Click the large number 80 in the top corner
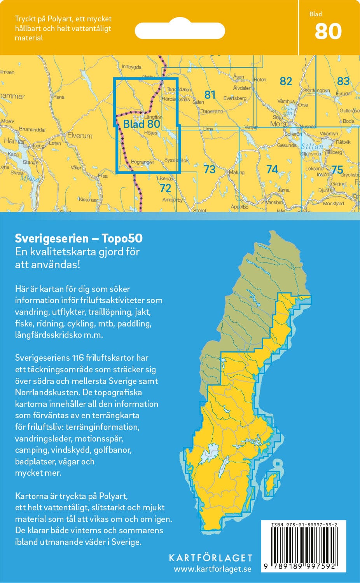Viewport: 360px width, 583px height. [x=328, y=31]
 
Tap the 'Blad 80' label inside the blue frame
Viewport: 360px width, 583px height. [x=142, y=124]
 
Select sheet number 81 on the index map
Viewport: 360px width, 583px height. [x=210, y=94]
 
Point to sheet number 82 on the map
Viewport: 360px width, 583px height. [x=286, y=81]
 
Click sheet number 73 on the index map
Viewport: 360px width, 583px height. [x=210, y=169]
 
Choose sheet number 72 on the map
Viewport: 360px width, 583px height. [x=165, y=188]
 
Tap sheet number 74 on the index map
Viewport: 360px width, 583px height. [x=272, y=169]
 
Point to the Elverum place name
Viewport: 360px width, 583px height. [x=80, y=136]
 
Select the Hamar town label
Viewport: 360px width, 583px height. [x=14, y=141]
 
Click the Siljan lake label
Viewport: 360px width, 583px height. [x=312, y=147]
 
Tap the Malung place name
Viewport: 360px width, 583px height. [x=236, y=173]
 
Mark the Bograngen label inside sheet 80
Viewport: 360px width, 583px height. [x=143, y=162]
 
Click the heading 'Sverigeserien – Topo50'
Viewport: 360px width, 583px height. [x=79, y=238]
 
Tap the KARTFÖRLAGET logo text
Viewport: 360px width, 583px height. [x=210, y=558]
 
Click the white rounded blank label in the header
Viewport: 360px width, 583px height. [x=180, y=30]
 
